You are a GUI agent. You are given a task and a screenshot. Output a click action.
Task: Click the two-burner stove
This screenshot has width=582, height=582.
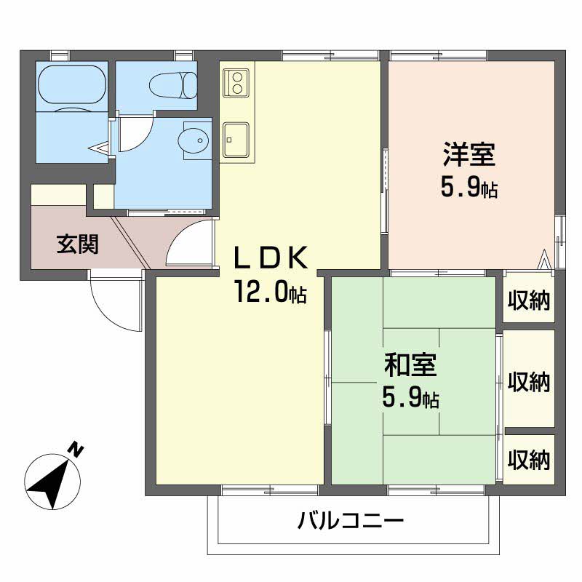(x=237, y=81)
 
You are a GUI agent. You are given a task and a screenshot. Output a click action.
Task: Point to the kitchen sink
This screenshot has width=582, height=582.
(x=236, y=138)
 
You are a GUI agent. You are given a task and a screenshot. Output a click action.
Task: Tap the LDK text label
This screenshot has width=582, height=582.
(x=272, y=258)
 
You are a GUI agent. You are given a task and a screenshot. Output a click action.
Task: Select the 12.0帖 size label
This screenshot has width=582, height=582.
(x=269, y=292)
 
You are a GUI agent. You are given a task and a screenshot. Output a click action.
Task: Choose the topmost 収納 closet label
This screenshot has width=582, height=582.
(x=529, y=298)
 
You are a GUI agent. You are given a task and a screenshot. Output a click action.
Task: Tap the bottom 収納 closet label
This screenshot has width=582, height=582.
(x=529, y=459)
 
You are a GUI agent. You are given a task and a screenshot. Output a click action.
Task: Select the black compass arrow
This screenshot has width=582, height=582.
(x=49, y=483)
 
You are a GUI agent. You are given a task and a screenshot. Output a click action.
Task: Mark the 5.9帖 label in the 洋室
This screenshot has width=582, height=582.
(x=469, y=189)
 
